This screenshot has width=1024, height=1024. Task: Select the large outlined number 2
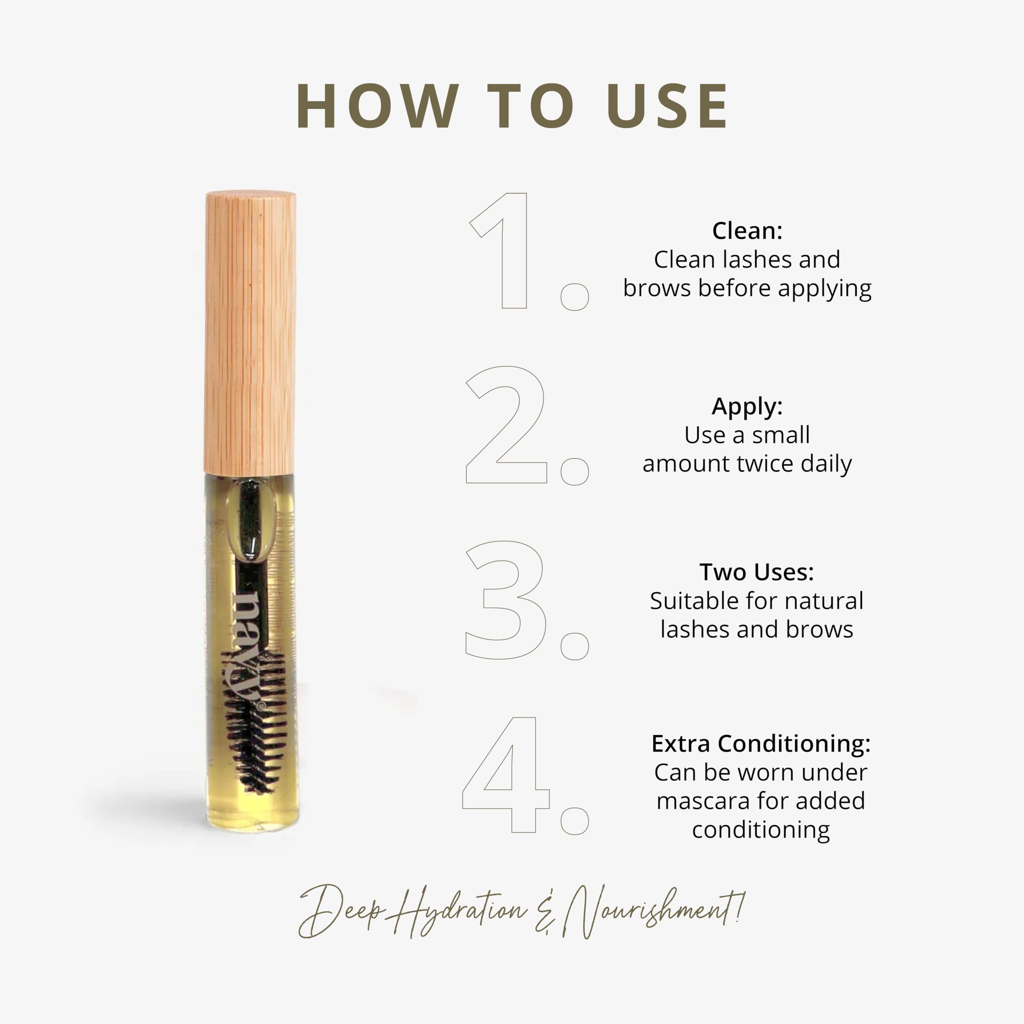click(x=506, y=424)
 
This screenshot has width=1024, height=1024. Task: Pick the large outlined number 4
click(x=506, y=774)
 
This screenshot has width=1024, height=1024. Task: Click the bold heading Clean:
click(x=747, y=230)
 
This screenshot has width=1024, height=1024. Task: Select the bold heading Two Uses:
click(x=756, y=572)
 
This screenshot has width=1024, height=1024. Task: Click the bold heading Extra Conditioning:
click(x=760, y=744)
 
